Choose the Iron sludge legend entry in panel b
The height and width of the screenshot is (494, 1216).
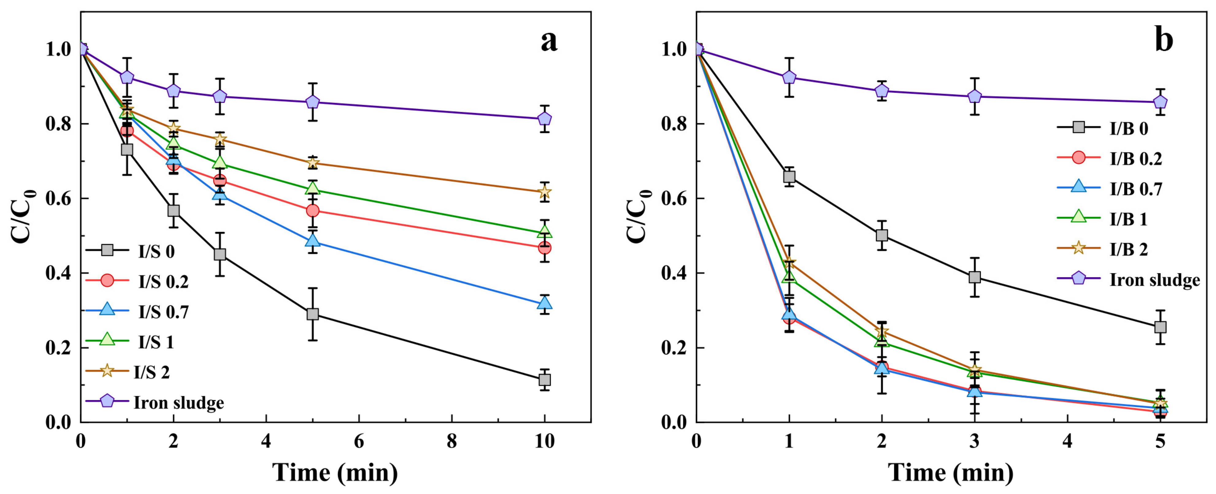pyautogui.click(x=1129, y=279)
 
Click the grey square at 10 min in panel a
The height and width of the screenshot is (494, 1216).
pyautogui.click(x=544, y=379)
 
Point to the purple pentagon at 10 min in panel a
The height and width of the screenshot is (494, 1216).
pyautogui.click(x=544, y=118)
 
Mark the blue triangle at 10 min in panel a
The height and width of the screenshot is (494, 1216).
pyautogui.click(x=544, y=303)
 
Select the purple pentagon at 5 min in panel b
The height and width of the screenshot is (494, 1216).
pyautogui.click(x=1160, y=102)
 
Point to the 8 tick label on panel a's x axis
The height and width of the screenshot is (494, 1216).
pyautogui.click(x=452, y=441)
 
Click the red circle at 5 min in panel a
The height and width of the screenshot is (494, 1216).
pyautogui.click(x=313, y=211)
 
